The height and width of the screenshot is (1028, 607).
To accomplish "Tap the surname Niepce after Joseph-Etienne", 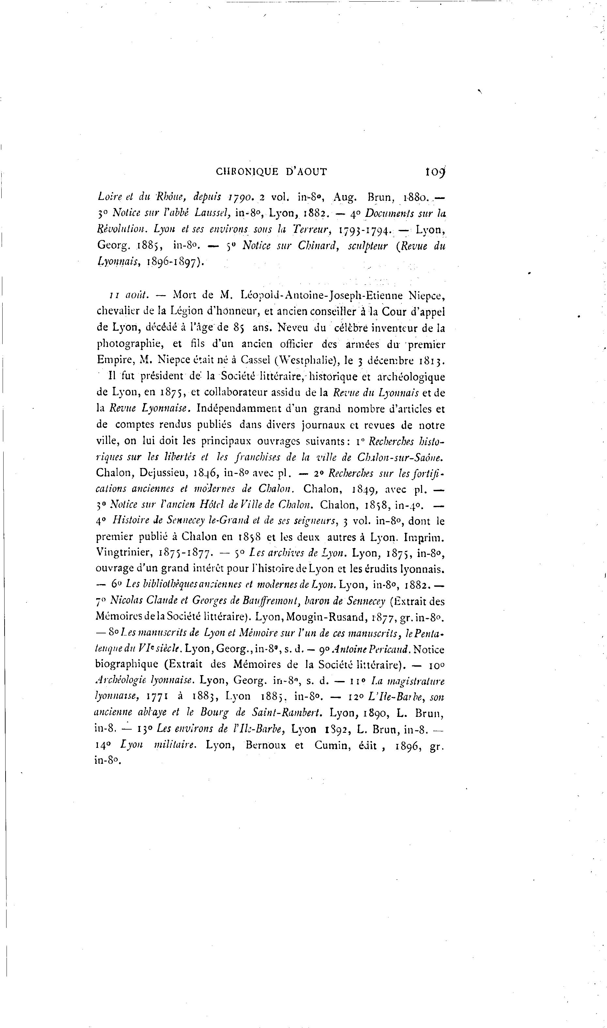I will click(x=425, y=295).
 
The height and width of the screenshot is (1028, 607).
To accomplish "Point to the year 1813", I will click(x=431, y=361).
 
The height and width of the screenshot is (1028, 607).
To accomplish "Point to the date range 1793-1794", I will click(x=364, y=230).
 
